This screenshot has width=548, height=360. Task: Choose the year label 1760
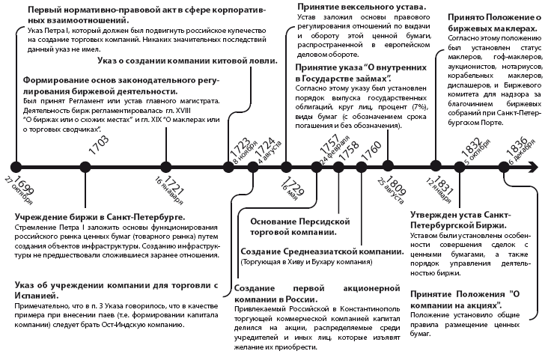pos(367,146)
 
